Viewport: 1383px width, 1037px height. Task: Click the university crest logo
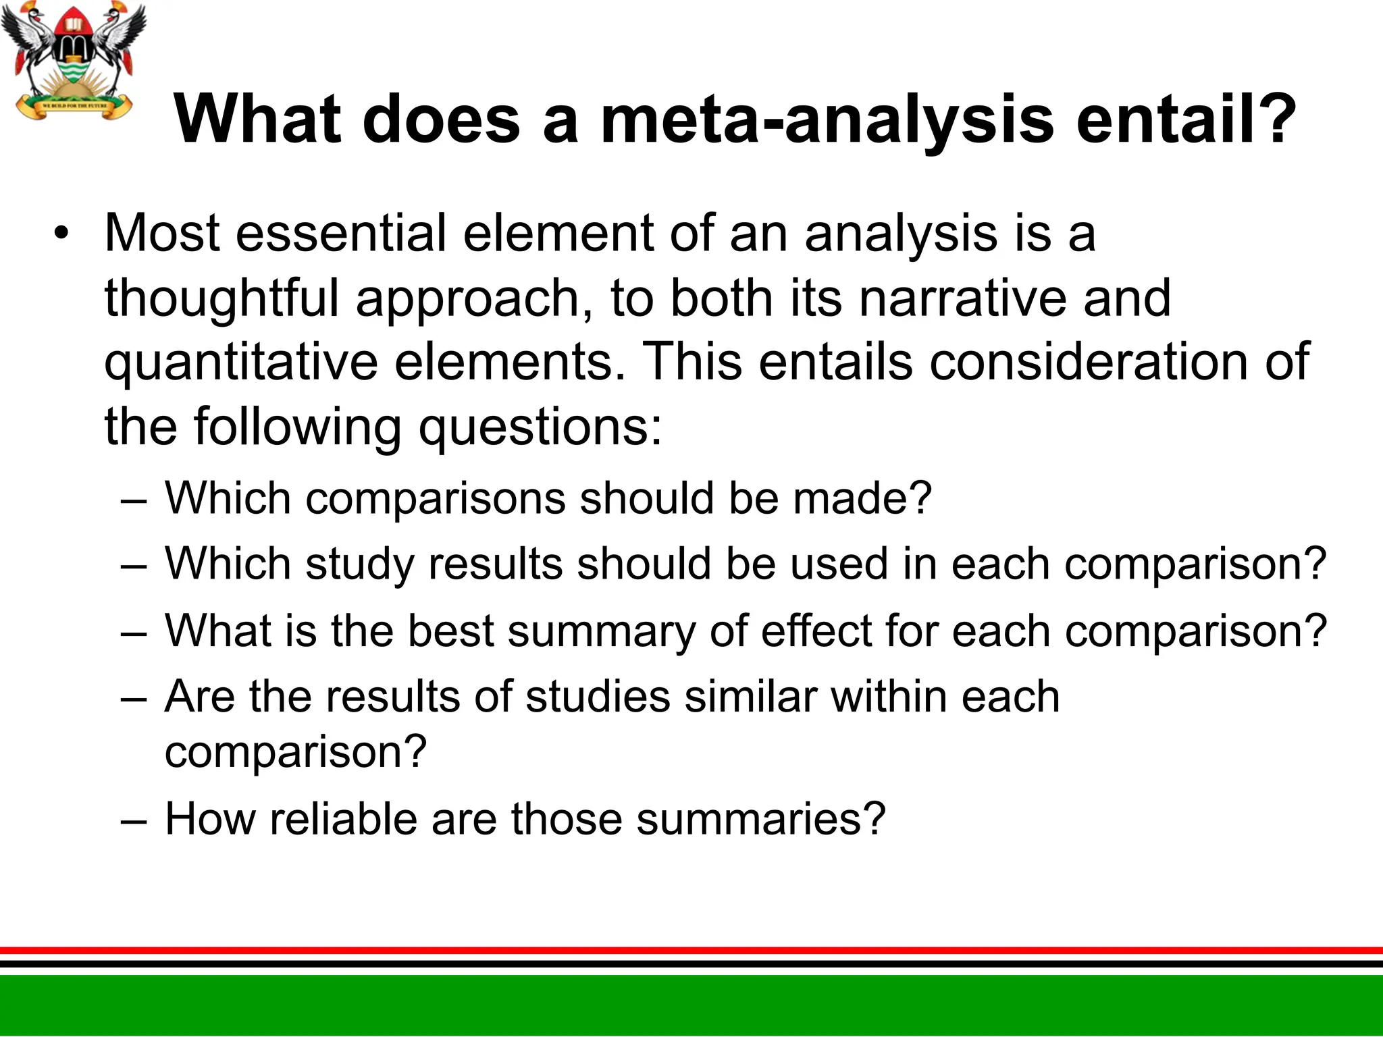click(73, 61)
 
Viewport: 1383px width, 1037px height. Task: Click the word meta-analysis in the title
click(827, 120)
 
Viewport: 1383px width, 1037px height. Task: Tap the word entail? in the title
click(1185, 120)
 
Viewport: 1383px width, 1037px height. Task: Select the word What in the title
click(257, 120)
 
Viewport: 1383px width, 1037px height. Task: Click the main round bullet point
click(62, 234)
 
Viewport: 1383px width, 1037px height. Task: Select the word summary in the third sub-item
click(600, 632)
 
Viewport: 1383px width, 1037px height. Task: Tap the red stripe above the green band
click(691, 950)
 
